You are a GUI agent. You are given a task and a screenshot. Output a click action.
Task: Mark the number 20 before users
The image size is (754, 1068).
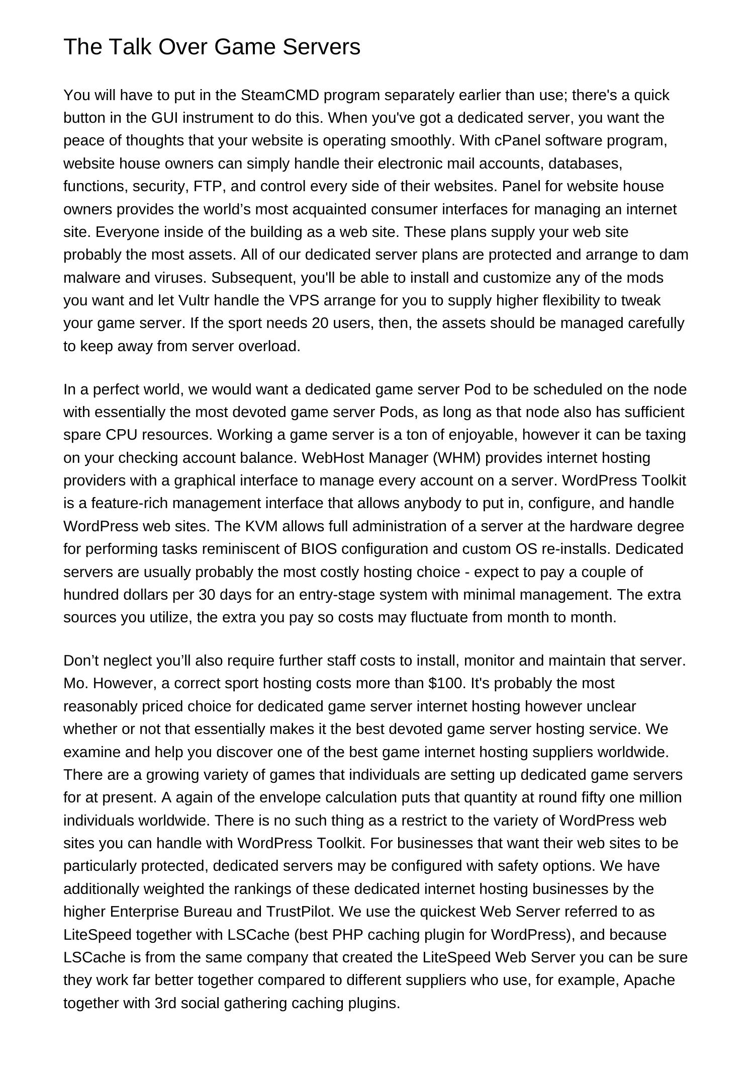(320, 323)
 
